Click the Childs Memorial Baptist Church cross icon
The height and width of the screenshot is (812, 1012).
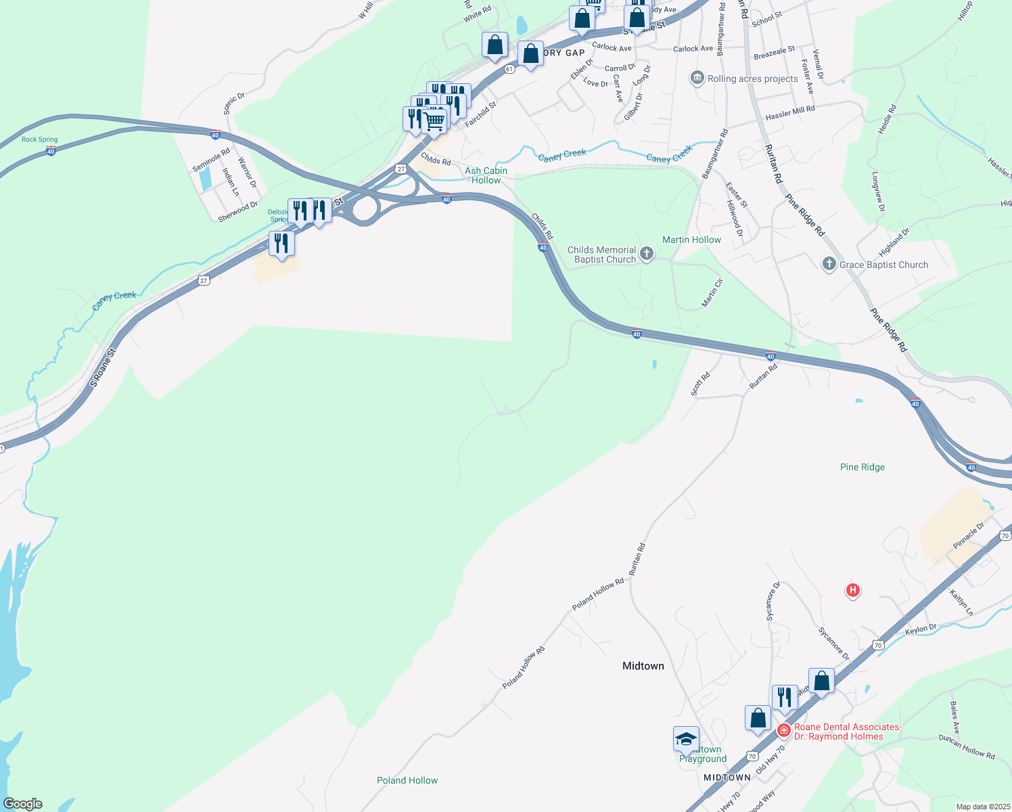tap(647, 254)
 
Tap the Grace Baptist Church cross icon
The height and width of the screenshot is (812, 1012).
tap(829, 265)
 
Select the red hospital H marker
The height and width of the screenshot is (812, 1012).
tap(853, 590)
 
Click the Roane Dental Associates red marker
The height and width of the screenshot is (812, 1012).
tap(784, 731)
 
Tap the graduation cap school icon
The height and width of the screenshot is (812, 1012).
tap(686, 738)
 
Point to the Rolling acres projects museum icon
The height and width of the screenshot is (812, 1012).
tap(697, 78)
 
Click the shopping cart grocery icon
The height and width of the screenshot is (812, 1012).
tap(434, 121)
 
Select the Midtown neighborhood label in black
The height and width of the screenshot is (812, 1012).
tap(643, 666)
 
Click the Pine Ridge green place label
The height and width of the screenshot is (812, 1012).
tap(862, 467)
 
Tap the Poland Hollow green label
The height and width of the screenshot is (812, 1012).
tap(407, 780)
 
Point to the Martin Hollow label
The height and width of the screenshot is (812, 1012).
tap(691, 240)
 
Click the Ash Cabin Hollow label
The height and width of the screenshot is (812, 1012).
tap(486, 175)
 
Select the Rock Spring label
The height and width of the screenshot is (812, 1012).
tap(40, 139)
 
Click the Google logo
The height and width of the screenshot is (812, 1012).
tap(23, 804)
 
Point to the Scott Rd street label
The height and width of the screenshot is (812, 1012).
tap(700, 384)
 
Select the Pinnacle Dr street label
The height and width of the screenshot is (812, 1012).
tap(969, 536)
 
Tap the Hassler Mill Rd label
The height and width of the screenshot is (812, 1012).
tap(790, 112)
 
